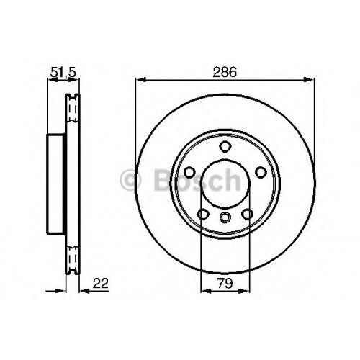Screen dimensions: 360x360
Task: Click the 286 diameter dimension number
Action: (225, 72)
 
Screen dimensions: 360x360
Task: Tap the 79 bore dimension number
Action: (225, 284)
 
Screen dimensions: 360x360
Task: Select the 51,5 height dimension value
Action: (63, 72)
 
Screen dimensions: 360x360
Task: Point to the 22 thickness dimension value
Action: (101, 284)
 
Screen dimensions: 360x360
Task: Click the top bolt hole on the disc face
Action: (225, 147)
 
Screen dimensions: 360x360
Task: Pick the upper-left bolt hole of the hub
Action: (189, 172)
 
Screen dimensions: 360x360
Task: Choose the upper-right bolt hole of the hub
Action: (261, 172)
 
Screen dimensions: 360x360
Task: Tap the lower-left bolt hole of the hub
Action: (203, 214)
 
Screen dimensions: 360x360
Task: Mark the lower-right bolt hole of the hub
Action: (248, 214)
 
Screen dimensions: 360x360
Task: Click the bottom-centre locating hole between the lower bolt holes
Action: (225, 217)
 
